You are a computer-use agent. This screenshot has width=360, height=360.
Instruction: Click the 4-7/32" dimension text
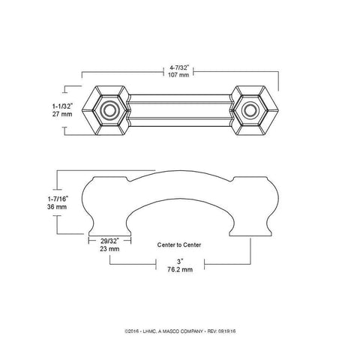tap(180, 68)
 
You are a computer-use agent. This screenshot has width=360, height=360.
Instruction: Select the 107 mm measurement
tap(180, 76)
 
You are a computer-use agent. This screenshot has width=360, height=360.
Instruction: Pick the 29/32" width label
tap(110, 240)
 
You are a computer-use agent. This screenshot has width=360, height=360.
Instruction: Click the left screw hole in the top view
tap(110, 112)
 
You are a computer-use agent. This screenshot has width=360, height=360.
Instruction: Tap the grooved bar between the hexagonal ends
tap(180, 112)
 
